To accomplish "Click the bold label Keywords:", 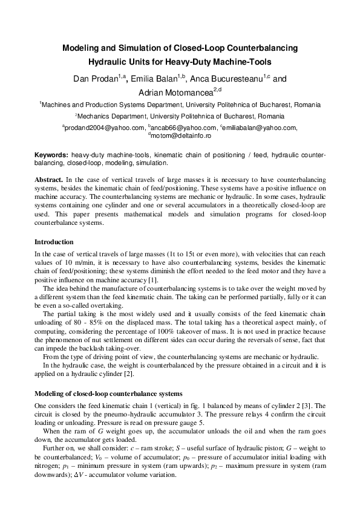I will tap(51, 155).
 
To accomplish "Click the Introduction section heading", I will tap(53, 242).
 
